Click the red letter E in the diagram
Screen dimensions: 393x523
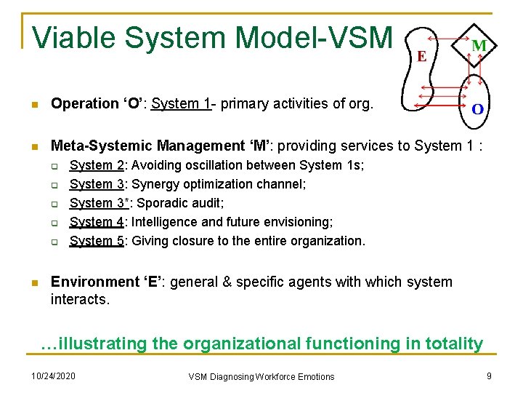pos(421,56)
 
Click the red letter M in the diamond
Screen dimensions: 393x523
pos(479,46)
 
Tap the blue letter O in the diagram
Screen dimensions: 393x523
pos(479,109)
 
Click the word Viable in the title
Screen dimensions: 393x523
pos(73,37)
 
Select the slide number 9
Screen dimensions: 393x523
pos(490,376)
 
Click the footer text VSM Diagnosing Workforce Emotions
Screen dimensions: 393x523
pos(261,377)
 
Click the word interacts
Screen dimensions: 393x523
pos(80,299)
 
